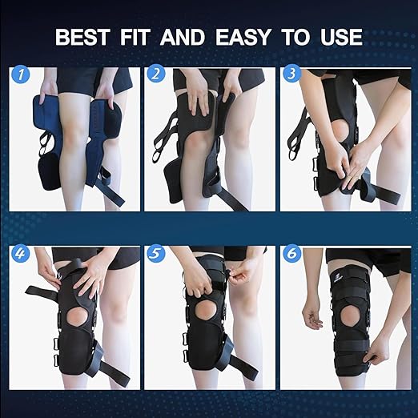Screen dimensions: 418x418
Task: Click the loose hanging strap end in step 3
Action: pyautogui.click(x=392, y=191)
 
